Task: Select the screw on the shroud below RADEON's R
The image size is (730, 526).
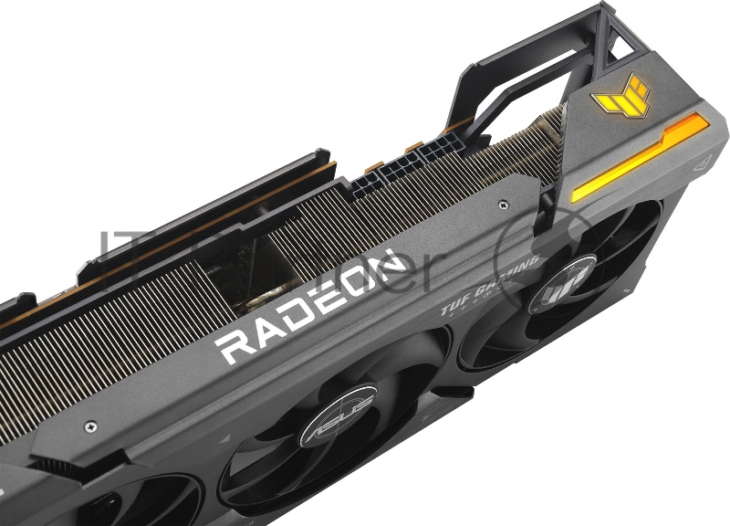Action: pos(89,426)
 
